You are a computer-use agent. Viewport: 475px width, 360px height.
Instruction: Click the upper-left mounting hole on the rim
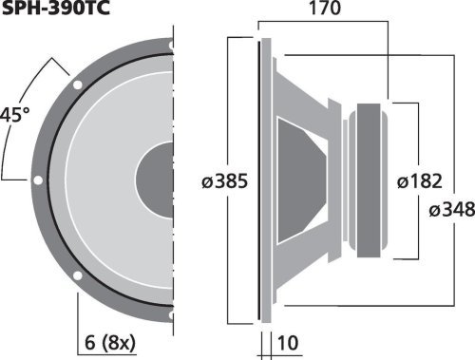pos(74,85)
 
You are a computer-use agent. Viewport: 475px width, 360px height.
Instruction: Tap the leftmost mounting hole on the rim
pos(35,180)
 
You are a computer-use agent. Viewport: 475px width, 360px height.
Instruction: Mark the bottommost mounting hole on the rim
pos(170,314)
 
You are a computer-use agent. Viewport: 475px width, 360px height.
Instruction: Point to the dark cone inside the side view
pos(304,180)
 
